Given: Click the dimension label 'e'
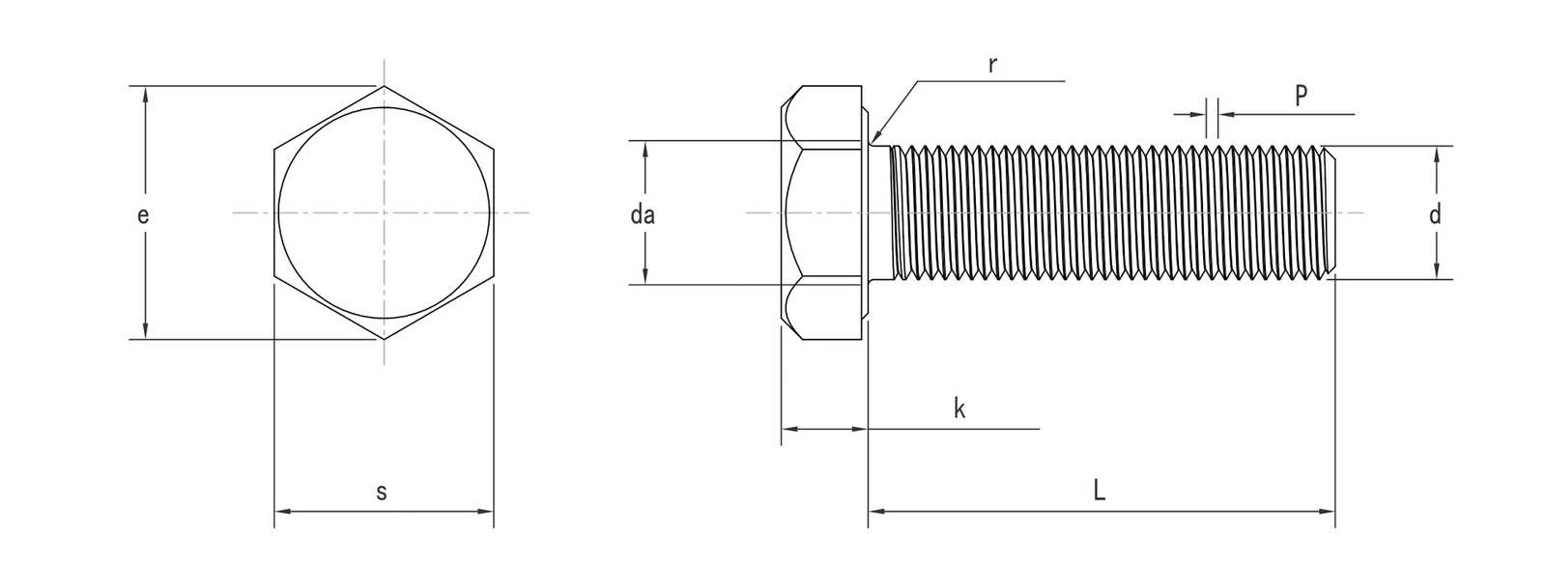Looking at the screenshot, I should [x=142, y=216].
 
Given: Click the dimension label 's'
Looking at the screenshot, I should [x=381, y=492].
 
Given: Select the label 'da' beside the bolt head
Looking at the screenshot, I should [x=643, y=215].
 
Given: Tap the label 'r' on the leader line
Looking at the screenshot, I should [x=991, y=65].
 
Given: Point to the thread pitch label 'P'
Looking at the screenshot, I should [x=1301, y=94].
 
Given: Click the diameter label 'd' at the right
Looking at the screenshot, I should [x=1435, y=214].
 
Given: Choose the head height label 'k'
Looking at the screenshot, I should [x=959, y=409].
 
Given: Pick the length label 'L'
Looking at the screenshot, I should [x=1100, y=491].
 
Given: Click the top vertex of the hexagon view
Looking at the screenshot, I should [x=385, y=86].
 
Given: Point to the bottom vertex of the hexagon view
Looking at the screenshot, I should [x=385, y=340].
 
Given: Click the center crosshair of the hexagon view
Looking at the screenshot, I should [x=385, y=211].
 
